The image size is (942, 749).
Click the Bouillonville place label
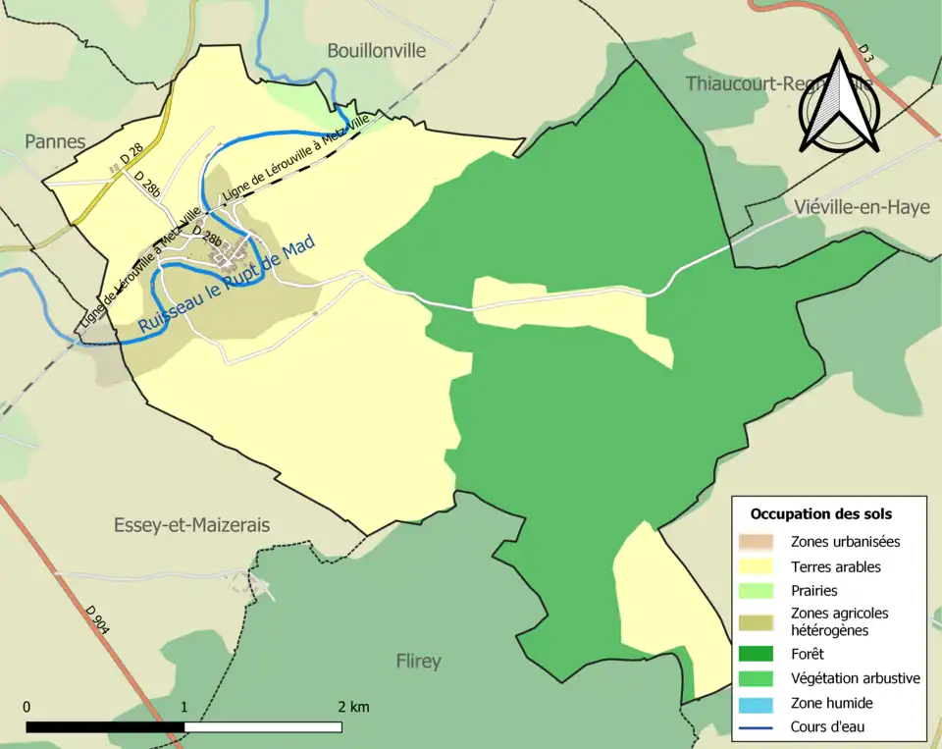(x=377, y=50)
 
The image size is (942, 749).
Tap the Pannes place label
(x=55, y=141)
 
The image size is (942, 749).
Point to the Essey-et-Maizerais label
(x=191, y=525)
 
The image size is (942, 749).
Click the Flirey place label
(x=418, y=661)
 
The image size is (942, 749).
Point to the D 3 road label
(x=865, y=54)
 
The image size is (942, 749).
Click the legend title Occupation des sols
(x=821, y=513)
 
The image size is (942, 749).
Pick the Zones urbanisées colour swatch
(x=757, y=541)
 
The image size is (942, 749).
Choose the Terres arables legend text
(x=836, y=566)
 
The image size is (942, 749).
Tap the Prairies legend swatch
(x=757, y=591)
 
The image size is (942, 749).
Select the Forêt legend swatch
(x=757, y=653)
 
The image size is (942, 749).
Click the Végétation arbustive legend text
(x=855, y=677)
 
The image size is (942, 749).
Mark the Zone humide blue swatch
(x=757, y=703)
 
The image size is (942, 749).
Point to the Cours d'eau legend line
(x=757, y=727)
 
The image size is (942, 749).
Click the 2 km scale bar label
(x=353, y=707)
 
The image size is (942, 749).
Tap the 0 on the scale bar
(x=26, y=707)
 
